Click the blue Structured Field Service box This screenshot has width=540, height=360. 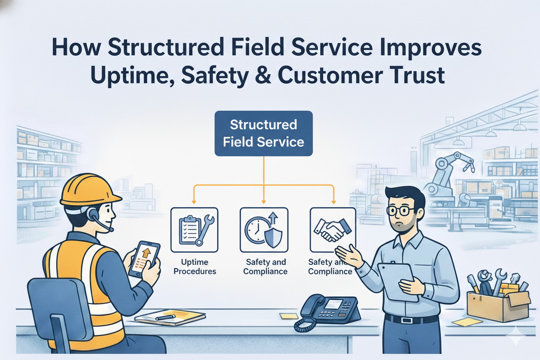coord(263,133)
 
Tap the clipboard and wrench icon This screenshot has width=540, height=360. coord(194,230)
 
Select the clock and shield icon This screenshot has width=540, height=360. coord(264,230)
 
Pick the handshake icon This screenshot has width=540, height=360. coord(332,229)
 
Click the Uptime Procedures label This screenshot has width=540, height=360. coord(194,267)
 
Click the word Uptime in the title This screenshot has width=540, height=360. coord(125,75)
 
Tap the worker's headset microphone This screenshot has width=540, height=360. coord(111,228)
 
